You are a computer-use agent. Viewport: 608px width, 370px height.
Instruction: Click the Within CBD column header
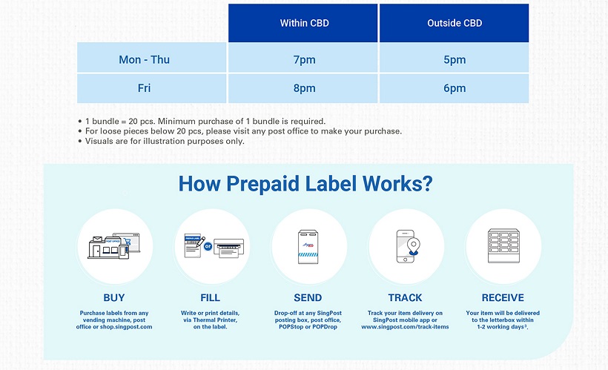tap(305, 23)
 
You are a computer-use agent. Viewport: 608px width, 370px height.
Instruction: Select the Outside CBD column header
tap(455, 23)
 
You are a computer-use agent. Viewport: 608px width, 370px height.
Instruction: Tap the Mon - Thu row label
tap(145, 60)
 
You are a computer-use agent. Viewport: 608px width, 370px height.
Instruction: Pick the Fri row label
tap(145, 88)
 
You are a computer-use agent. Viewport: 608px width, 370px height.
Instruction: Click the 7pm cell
tap(305, 60)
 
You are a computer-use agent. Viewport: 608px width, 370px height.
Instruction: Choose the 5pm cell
tap(455, 60)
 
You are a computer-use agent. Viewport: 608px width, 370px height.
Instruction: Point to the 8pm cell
tap(305, 88)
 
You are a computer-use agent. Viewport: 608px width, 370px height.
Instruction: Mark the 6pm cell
tap(455, 88)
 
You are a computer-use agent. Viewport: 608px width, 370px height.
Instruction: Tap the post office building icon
tap(108, 248)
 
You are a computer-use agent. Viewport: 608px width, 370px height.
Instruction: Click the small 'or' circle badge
tap(208, 246)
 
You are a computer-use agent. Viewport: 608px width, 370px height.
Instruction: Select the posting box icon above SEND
tap(308, 247)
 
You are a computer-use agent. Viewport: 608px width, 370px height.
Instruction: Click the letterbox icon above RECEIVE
tap(503, 245)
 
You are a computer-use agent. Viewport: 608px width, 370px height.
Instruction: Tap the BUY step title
tap(114, 298)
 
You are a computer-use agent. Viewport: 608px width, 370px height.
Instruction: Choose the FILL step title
tap(210, 298)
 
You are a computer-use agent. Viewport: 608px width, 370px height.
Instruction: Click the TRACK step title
tap(405, 298)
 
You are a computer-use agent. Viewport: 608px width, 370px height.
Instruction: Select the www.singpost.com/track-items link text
tap(405, 327)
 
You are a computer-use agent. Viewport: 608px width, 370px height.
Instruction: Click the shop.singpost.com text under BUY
tap(126, 327)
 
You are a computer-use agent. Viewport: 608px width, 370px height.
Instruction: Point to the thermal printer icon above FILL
tap(229, 248)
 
